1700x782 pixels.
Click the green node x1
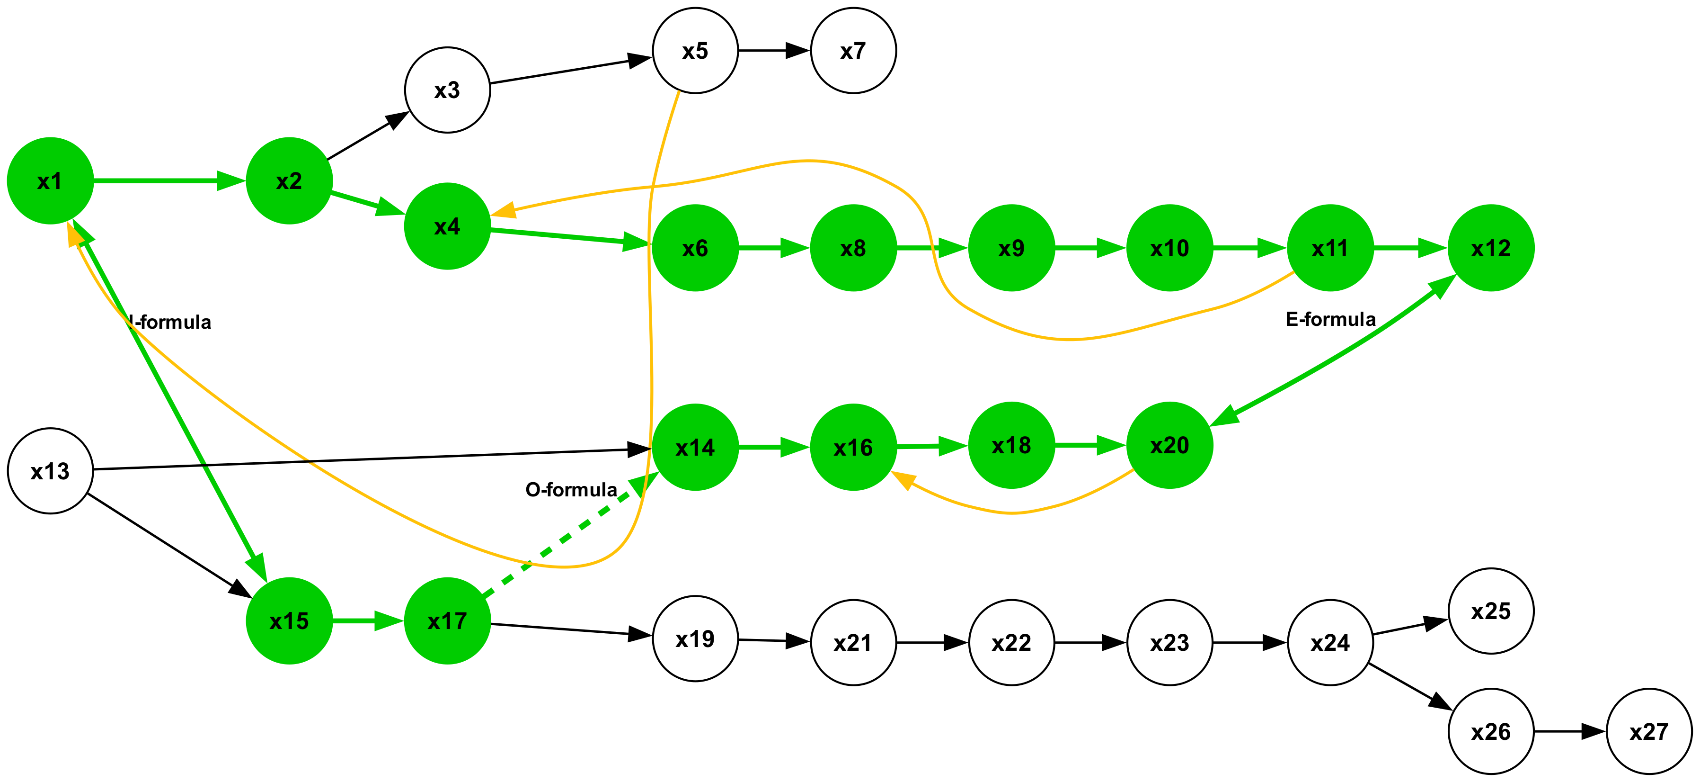(x=50, y=181)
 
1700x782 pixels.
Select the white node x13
(x=50, y=471)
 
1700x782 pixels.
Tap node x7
(x=853, y=51)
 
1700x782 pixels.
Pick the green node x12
(x=1490, y=248)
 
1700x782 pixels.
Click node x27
(x=1648, y=731)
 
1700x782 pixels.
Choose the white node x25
(x=1490, y=611)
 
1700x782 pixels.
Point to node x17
(x=447, y=621)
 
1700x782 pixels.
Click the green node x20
(x=1169, y=445)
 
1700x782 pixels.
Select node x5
(x=695, y=51)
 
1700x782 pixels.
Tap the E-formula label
(x=1330, y=320)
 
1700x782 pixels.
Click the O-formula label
(x=571, y=489)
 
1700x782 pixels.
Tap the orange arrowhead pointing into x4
(x=504, y=210)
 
